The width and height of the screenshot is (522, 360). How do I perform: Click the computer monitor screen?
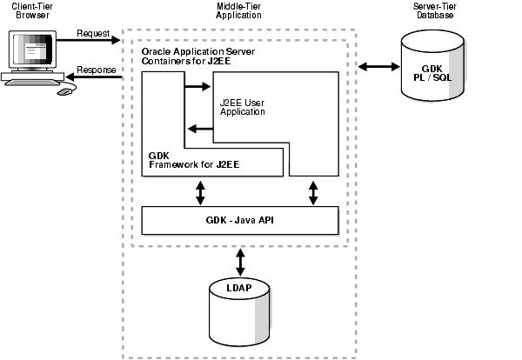point(31,53)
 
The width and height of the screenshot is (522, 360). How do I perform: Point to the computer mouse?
point(65,90)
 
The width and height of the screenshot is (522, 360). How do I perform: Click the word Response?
point(96,70)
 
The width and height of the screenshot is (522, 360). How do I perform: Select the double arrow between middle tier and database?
point(378,65)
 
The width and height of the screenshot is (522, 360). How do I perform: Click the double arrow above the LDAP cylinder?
point(240,259)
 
